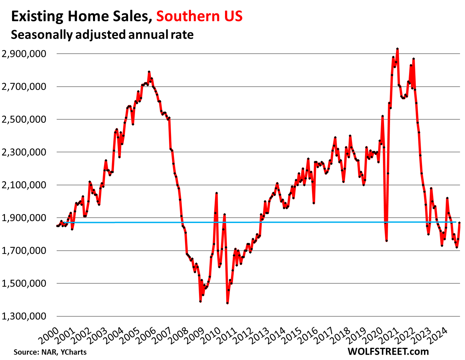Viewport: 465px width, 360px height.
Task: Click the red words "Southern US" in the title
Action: [x=199, y=16]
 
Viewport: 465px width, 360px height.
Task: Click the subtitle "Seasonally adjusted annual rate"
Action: [x=102, y=34]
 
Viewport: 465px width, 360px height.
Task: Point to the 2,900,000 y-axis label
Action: [x=24, y=54]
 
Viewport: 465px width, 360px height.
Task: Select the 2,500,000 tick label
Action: [x=24, y=119]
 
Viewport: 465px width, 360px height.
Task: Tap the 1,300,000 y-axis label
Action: [x=24, y=316]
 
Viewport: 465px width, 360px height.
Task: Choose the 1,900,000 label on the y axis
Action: [x=24, y=218]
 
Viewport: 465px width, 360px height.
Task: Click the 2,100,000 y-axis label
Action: [x=24, y=185]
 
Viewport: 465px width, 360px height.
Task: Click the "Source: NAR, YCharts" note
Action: [x=50, y=352]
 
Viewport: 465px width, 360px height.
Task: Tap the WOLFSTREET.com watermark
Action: [x=388, y=351]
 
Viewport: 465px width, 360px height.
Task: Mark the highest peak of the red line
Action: [x=397, y=49]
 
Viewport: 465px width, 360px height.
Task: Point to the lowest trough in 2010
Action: [x=227, y=303]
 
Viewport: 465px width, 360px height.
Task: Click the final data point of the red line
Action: [x=459, y=222]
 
